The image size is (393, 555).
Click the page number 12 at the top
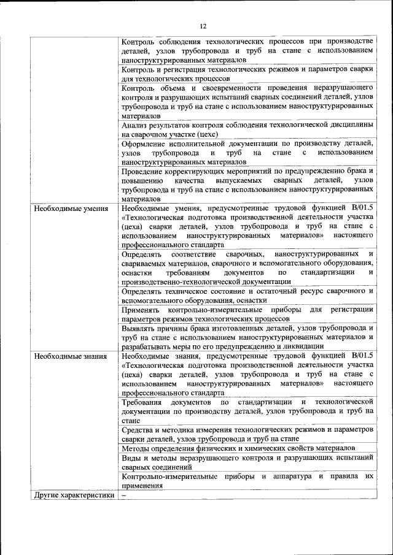[x=203, y=26]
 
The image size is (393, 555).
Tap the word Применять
[x=142, y=310]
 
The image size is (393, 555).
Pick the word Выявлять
[x=141, y=327]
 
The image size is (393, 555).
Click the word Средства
[x=139, y=430]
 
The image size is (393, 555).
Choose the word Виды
[x=131, y=457]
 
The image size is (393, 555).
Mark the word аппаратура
[x=291, y=476]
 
